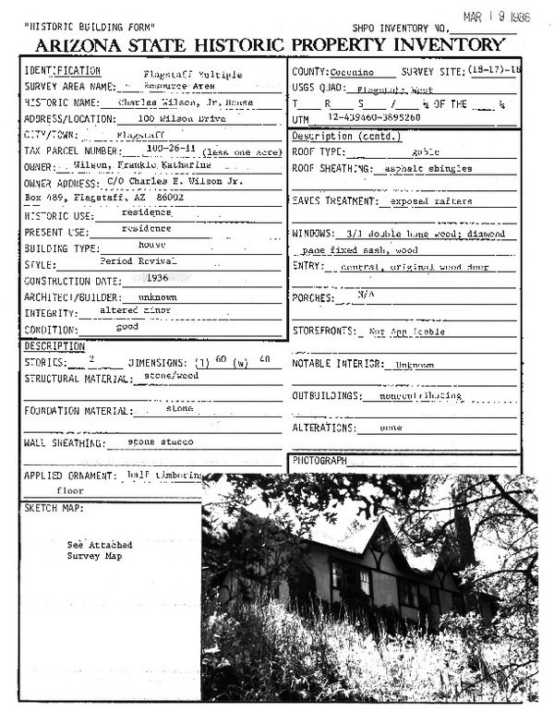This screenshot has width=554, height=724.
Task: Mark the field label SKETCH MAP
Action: point(54,509)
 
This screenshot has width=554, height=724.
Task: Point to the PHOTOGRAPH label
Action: point(319,460)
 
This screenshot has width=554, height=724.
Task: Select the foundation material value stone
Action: point(179,407)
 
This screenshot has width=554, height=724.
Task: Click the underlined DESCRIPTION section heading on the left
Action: point(54,346)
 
